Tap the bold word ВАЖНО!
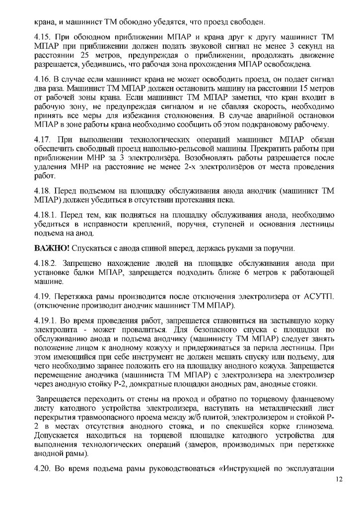click(x=49, y=247)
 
